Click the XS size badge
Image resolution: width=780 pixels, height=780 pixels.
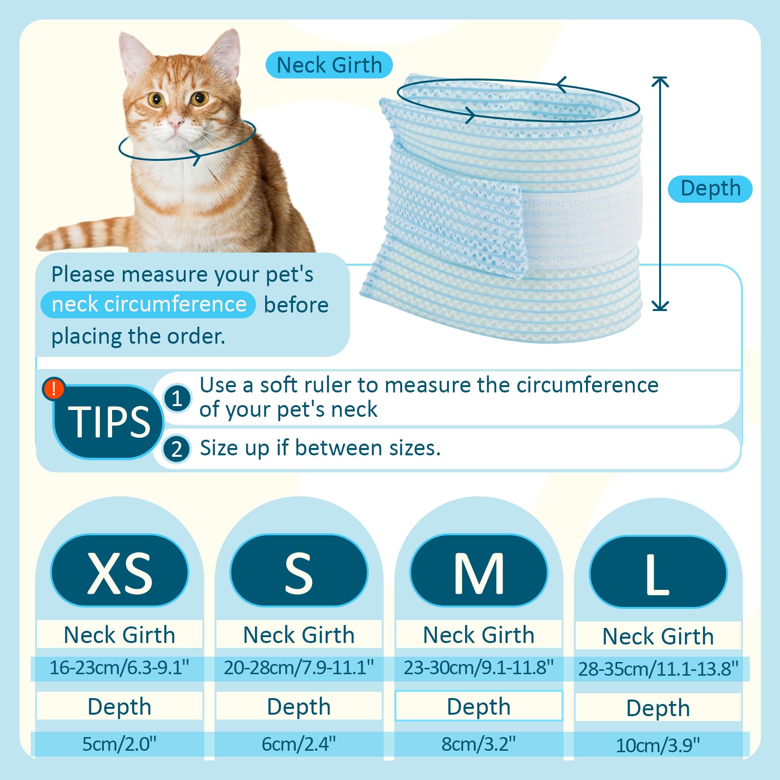point(119,570)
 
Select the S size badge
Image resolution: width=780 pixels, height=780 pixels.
point(299,570)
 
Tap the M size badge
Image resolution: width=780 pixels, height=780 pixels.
point(479,570)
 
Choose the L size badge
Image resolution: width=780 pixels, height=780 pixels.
point(658,572)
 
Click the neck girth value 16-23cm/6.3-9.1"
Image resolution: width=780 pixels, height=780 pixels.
point(119,667)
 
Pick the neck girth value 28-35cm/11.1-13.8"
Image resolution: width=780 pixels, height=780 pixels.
point(659,669)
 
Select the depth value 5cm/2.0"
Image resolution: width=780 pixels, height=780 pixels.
point(119,744)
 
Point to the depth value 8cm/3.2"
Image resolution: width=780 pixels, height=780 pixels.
point(479,744)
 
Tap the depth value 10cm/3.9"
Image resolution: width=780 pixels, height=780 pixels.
point(658,745)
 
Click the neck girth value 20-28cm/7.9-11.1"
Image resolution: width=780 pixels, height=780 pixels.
point(299,667)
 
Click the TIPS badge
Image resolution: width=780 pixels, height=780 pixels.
point(108,422)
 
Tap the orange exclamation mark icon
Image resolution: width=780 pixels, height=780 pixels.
point(54,389)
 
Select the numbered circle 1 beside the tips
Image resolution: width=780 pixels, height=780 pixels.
point(177,398)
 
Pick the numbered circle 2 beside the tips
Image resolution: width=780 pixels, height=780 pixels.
point(176,448)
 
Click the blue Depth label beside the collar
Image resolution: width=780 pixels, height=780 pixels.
point(710,189)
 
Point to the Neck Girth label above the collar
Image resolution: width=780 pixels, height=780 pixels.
point(329,65)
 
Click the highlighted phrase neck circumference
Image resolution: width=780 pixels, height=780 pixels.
point(149,305)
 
